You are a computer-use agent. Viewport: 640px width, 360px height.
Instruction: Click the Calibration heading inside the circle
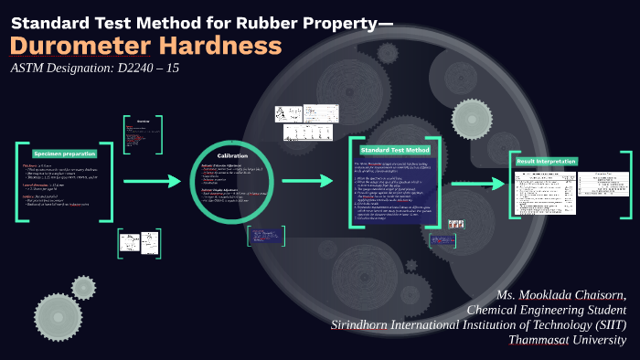(232, 156)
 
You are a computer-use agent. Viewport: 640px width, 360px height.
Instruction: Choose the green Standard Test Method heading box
(394, 149)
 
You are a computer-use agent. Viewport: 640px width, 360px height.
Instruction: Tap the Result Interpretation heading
(546, 161)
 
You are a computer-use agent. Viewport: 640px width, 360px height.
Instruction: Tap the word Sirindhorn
(365, 325)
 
